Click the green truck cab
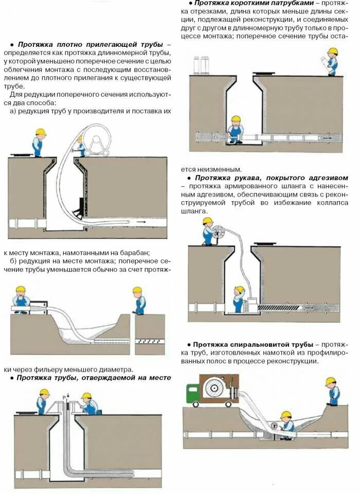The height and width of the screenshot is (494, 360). tap(194, 393)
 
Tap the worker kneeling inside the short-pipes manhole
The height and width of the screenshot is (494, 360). tap(236, 130)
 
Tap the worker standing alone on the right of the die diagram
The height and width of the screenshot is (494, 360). tap(138, 300)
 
